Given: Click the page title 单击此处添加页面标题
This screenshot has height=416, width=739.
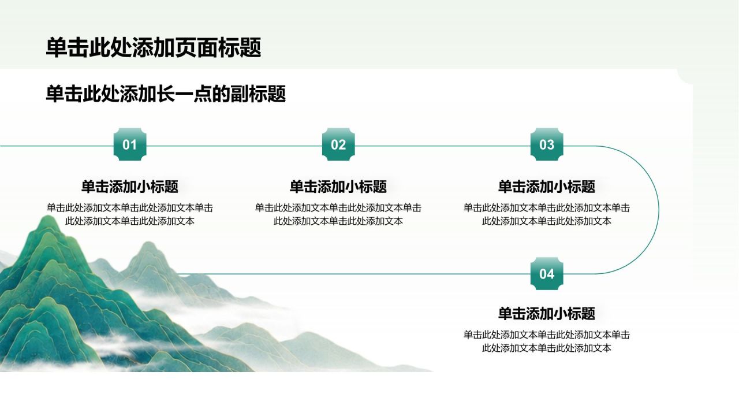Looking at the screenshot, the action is (154, 47).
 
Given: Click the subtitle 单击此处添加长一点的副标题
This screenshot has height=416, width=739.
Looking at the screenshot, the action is (166, 94).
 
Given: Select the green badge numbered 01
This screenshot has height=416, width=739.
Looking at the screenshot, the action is (130, 144).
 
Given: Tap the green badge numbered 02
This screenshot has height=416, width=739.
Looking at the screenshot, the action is (338, 144).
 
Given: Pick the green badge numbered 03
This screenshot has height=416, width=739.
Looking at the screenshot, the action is (547, 144).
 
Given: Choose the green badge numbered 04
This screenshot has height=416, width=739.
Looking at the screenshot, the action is (547, 274).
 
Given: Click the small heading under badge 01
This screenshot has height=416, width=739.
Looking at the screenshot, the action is (130, 187).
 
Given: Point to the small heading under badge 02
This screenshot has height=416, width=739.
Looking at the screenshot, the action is (338, 187).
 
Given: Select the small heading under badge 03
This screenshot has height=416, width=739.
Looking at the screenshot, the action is (547, 187).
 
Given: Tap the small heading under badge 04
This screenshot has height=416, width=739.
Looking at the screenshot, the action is (547, 314).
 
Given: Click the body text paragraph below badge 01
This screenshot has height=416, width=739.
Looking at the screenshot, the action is (130, 214).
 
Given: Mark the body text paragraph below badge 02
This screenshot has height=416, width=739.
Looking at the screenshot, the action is (338, 214).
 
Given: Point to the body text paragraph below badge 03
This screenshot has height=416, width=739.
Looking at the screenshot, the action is (547, 214).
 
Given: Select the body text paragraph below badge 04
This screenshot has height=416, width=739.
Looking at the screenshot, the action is (547, 341).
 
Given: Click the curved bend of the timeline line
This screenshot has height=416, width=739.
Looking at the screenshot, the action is (659, 210).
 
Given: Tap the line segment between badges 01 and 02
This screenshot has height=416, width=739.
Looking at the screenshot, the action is (234, 146).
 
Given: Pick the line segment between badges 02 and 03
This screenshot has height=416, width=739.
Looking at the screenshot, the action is (443, 146).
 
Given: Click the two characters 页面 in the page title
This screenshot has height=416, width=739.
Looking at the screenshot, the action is (196, 47).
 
